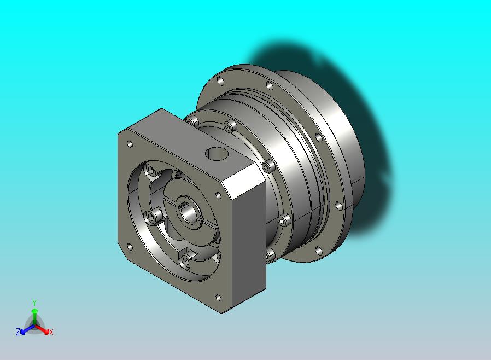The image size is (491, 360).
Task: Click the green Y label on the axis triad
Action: (34, 303)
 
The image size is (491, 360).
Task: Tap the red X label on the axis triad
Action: (51, 332)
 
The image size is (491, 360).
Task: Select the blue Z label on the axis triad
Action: (18, 332)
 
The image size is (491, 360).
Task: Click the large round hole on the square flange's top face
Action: (217, 153)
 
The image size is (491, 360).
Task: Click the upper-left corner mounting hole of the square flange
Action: (130, 144)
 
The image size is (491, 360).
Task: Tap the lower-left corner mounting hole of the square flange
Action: (130, 247)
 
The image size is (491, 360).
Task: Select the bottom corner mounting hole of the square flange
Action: (218, 298)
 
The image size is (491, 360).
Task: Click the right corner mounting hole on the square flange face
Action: (218, 196)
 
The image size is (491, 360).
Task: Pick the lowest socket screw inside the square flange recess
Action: (185, 260)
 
